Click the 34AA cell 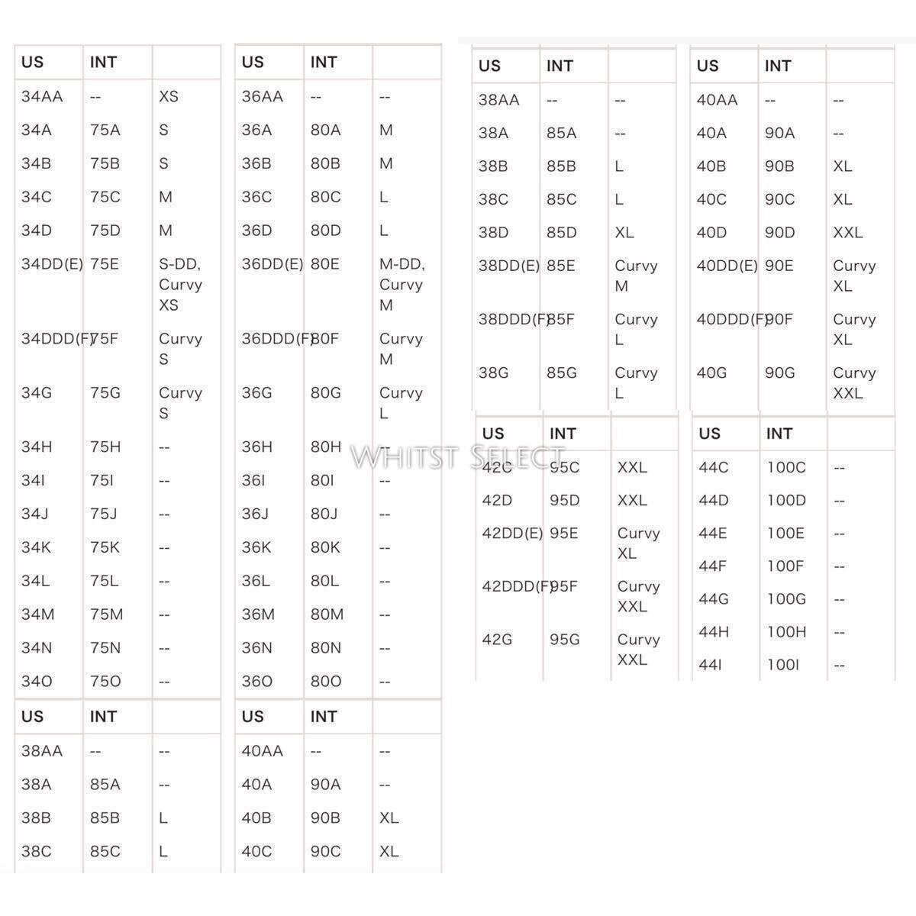tap(42, 97)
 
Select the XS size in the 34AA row tap(169, 97)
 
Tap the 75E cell tap(105, 264)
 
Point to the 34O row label tap(37, 681)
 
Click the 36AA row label tap(262, 97)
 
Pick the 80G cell tap(326, 393)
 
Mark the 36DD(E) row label tap(272, 264)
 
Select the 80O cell tap(326, 681)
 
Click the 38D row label tap(493, 233)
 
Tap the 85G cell tap(562, 373)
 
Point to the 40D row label tap(711, 233)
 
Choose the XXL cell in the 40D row tap(847, 233)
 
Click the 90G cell tap(780, 373)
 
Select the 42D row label tap(497, 501)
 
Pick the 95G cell tap(565, 640)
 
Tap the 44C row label tap(714, 467)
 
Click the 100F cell tap(785, 566)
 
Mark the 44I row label tap(711, 666)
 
